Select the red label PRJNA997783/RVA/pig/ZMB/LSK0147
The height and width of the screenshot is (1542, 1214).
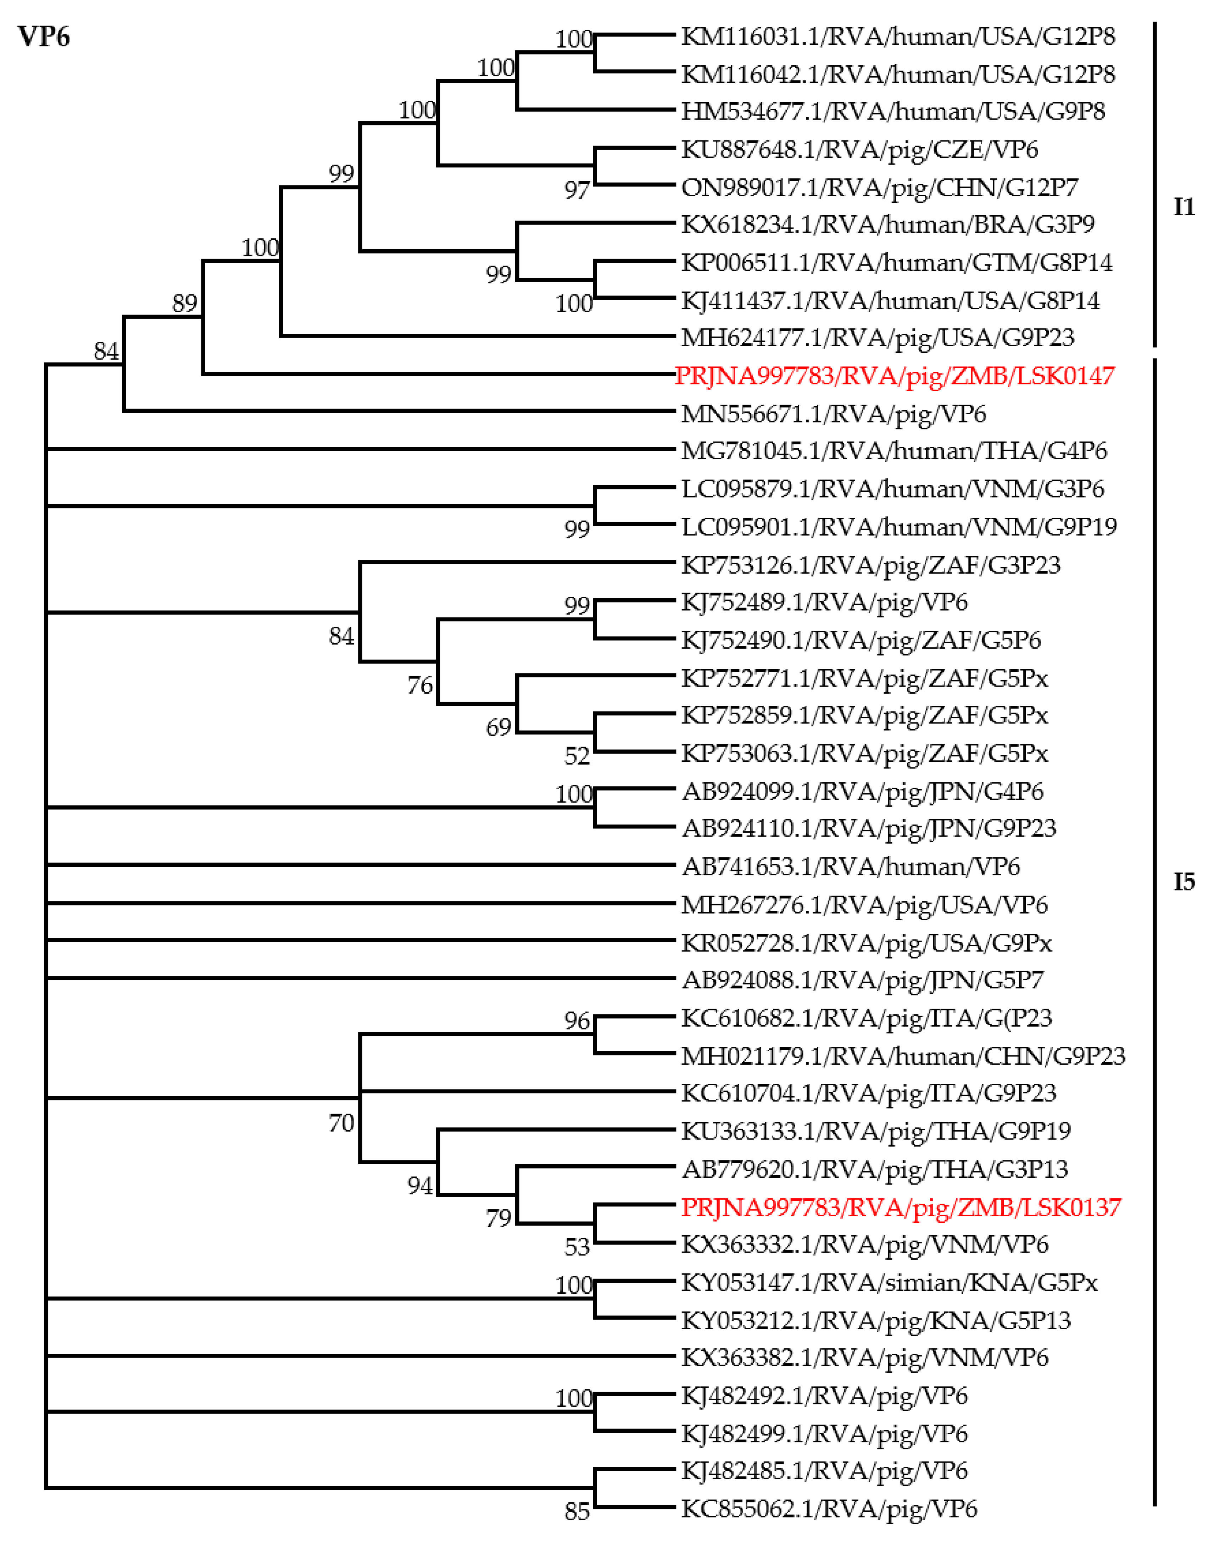click(894, 375)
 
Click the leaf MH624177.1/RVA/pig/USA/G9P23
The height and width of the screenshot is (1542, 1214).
click(877, 337)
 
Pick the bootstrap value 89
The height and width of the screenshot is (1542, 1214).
click(184, 304)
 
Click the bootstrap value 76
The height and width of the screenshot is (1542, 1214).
click(419, 685)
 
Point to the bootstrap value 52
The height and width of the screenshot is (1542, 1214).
click(577, 756)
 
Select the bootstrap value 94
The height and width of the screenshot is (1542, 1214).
click(419, 1185)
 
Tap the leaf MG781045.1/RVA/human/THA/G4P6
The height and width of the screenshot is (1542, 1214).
click(893, 450)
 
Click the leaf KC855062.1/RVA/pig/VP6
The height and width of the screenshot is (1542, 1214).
click(829, 1508)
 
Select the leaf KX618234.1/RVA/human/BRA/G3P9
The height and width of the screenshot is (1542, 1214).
click(887, 224)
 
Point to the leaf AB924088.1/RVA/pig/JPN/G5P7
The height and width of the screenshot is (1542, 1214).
click(862, 980)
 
